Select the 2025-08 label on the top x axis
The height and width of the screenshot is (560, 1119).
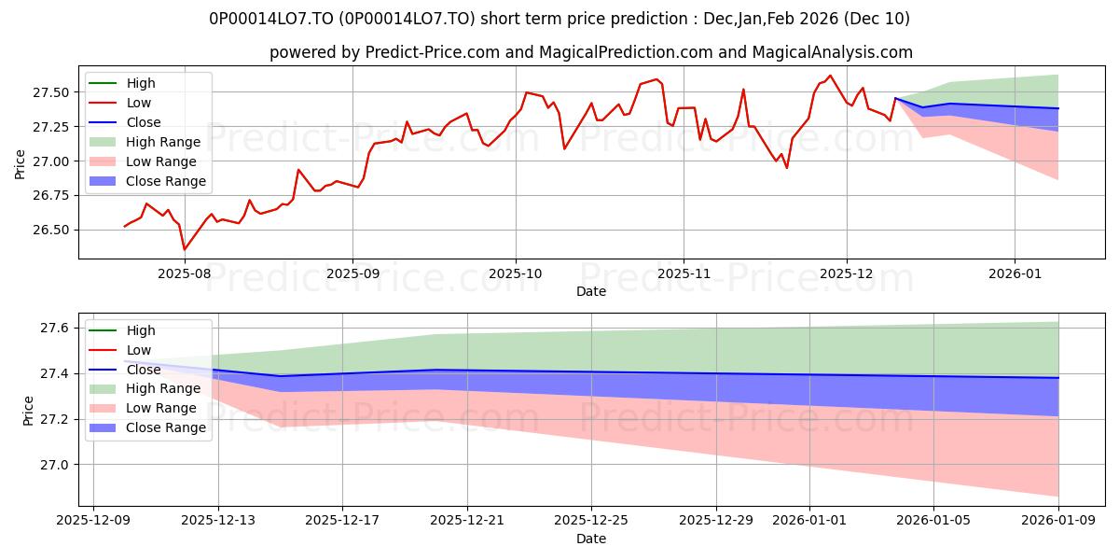[x=185, y=274]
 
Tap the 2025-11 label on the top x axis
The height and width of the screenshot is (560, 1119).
[x=683, y=274]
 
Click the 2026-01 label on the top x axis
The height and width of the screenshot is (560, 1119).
[x=1015, y=274]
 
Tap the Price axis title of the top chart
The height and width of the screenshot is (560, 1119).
[x=21, y=164]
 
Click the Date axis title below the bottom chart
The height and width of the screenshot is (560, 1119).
[x=591, y=539]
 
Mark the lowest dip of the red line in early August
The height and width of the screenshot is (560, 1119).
[x=184, y=249]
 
